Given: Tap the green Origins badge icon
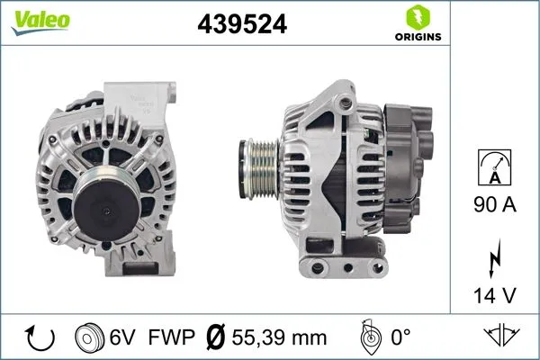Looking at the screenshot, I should click(417, 17).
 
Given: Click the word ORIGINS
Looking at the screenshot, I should click(417, 38).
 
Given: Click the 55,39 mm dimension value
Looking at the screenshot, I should click(279, 337).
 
